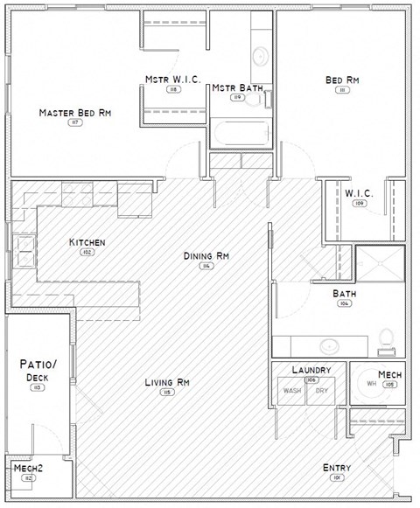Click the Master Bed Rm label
[x=74, y=113]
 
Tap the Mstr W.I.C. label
[x=174, y=80]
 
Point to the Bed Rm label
[x=342, y=80]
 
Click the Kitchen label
[x=87, y=241]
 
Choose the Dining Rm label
[x=206, y=256]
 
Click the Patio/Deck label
[x=38, y=369]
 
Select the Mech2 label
[x=29, y=469]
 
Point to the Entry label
[x=337, y=467]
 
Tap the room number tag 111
[x=342, y=91]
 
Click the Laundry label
[x=311, y=370]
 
